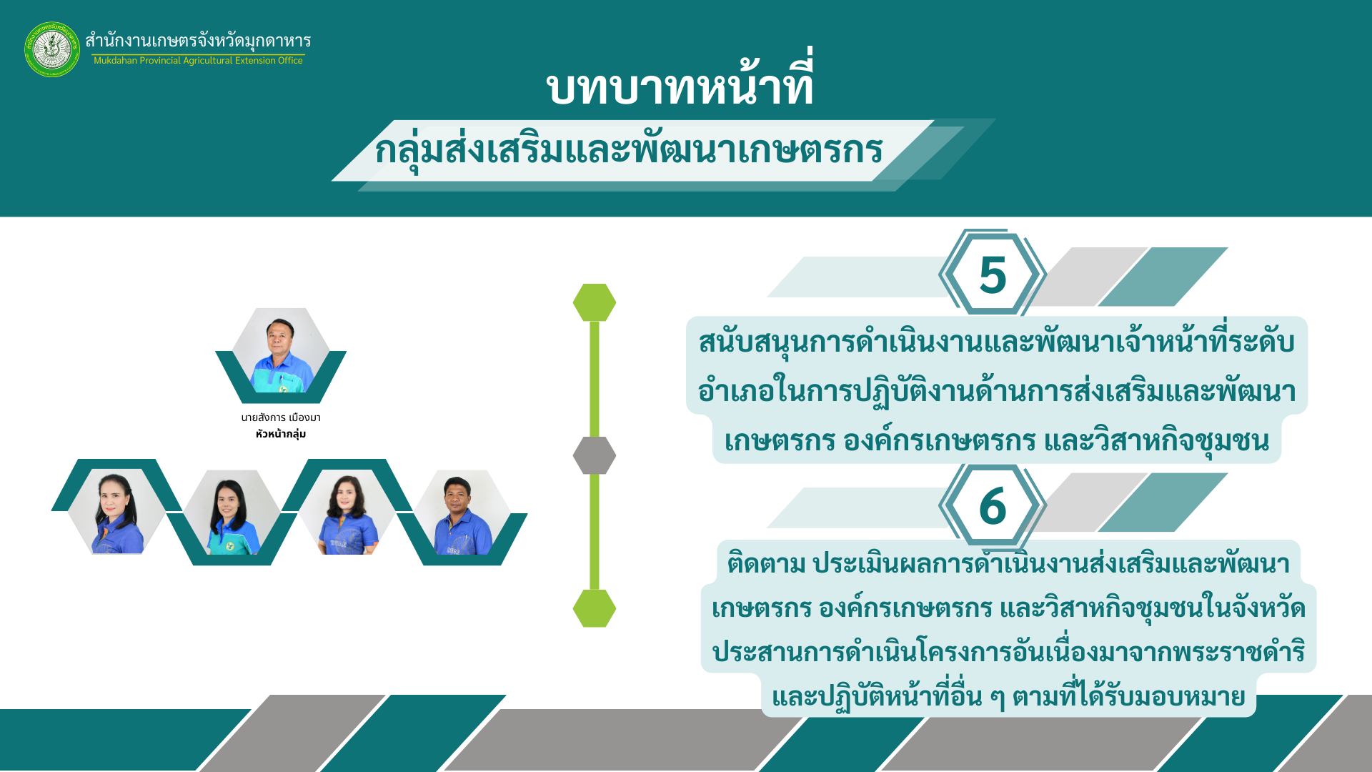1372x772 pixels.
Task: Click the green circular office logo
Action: (x=52, y=49)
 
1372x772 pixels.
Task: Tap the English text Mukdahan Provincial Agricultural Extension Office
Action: (x=198, y=61)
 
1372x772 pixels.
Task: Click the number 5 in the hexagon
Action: (x=993, y=274)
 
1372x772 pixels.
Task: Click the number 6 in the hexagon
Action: (x=993, y=505)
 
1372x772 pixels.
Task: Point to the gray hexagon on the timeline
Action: (x=595, y=455)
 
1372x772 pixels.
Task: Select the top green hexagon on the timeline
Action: (x=595, y=302)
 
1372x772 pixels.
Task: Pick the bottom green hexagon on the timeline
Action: (x=595, y=608)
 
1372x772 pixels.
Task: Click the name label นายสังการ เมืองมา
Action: (x=281, y=417)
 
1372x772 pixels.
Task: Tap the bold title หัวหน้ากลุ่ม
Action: (x=281, y=434)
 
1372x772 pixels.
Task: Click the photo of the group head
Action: (x=281, y=351)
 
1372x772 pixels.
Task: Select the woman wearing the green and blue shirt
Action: (x=232, y=512)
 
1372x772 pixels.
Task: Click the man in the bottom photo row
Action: (x=462, y=512)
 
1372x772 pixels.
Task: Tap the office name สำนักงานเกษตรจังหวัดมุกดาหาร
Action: (x=198, y=40)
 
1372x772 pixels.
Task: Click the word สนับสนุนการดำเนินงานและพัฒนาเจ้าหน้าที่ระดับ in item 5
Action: (x=997, y=342)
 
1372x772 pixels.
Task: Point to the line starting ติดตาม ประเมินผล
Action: (x=1008, y=563)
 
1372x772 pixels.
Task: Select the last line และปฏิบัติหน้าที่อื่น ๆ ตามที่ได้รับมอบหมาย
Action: (x=1008, y=696)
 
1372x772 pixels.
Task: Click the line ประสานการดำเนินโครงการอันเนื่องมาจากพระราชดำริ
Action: (x=1008, y=651)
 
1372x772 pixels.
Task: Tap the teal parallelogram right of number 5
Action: (x=1163, y=277)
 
